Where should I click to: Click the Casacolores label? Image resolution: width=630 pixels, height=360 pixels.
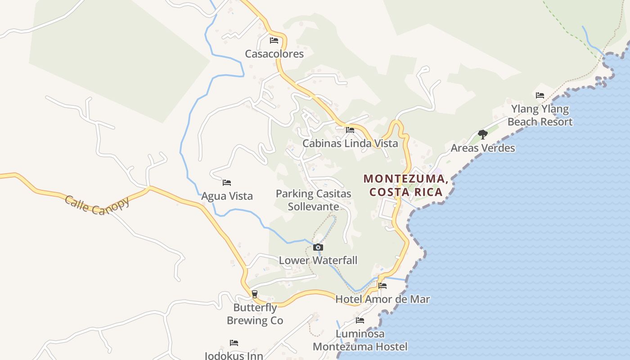point(274,54)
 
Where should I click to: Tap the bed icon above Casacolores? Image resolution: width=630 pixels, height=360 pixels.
point(274,40)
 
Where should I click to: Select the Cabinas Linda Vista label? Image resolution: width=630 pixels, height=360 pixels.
point(350,144)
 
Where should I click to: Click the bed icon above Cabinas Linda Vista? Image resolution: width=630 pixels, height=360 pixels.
point(350,130)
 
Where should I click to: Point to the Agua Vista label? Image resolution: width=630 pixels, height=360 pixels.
point(227,196)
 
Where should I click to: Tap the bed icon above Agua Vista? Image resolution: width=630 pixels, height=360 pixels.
point(227,183)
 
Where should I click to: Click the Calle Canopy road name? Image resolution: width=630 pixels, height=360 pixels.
point(97,205)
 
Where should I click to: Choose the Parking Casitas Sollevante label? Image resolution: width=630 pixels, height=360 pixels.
point(313,200)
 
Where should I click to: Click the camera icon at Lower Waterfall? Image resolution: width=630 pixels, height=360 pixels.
point(318,247)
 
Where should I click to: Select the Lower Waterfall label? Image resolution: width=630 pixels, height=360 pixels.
point(318,260)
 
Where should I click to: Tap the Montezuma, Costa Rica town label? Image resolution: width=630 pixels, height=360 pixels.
point(406,185)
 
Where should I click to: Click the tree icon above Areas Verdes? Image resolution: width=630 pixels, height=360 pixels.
point(483,134)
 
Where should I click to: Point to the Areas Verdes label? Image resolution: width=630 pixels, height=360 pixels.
point(483,148)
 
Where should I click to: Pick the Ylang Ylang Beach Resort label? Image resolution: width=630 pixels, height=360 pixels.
point(540,116)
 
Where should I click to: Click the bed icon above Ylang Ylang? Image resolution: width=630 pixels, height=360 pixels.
point(540,95)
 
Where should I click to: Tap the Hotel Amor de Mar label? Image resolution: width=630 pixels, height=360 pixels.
point(382,299)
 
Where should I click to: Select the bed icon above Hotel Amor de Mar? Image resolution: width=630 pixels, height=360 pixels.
point(382,286)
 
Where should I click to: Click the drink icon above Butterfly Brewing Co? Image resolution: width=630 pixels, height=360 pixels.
point(255,294)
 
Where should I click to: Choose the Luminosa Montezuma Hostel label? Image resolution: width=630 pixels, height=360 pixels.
point(360,340)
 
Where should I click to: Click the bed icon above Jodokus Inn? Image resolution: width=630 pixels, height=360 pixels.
point(234,343)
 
